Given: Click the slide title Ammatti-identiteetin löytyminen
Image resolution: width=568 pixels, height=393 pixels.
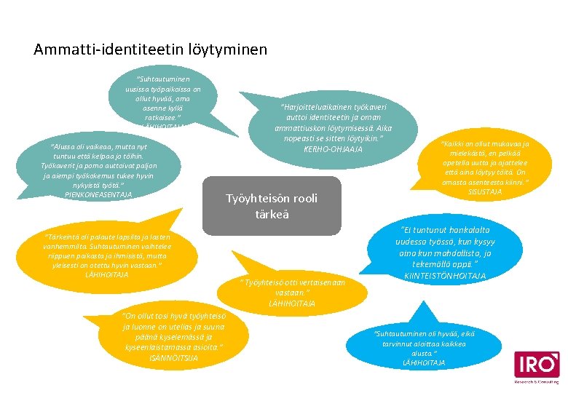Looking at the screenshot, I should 151,50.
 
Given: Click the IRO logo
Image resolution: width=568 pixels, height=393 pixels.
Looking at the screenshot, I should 537,364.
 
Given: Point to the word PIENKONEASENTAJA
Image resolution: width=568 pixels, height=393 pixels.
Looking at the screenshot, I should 98,194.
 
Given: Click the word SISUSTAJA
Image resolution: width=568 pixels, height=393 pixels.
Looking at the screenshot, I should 485,191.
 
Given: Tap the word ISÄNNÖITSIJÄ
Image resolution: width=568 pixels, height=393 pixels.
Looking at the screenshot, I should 172,357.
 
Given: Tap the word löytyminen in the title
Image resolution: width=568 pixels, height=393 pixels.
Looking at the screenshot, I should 229,50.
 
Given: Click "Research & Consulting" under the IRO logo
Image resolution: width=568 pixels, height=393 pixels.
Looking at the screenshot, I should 537,381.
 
